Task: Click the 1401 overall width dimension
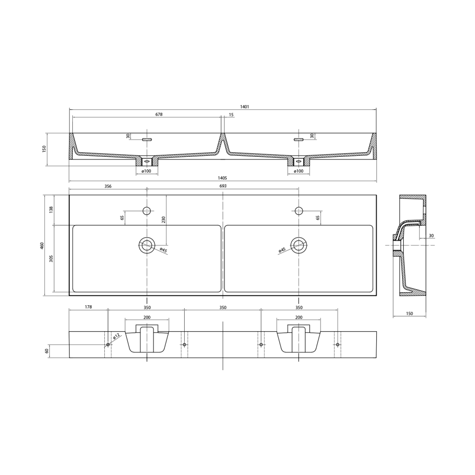[x=244, y=107]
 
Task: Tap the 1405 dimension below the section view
[x=222, y=178]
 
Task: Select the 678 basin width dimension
[x=159, y=115]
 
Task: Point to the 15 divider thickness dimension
[x=231, y=115]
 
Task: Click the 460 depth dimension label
[x=42, y=246]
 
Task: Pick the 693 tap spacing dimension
[x=223, y=186]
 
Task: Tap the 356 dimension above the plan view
[x=108, y=186]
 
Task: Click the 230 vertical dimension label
[x=163, y=219]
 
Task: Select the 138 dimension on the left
[x=51, y=210]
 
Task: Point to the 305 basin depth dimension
[x=51, y=258]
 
